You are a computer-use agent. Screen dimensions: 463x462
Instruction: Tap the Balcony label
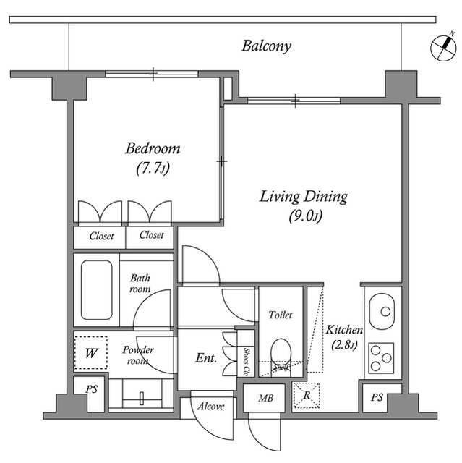(x=266, y=47)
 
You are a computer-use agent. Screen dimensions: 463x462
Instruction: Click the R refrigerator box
(x=307, y=396)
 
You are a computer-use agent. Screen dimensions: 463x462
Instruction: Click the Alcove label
(x=210, y=406)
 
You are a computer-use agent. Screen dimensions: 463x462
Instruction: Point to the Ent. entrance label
(x=206, y=358)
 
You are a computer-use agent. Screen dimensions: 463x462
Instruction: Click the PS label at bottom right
(x=377, y=397)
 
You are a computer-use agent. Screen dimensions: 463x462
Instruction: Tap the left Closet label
(x=101, y=236)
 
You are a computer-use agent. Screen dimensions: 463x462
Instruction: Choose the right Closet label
(x=151, y=236)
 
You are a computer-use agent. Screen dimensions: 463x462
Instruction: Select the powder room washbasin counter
(x=142, y=396)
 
